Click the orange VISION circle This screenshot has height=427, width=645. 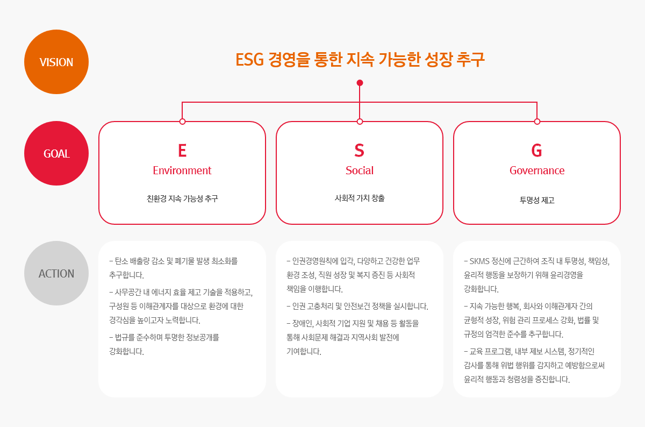[x=56, y=62]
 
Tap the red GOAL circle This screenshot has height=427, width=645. [x=56, y=153]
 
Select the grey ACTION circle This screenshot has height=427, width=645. [x=56, y=273]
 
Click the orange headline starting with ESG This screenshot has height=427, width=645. [x=360, y=59]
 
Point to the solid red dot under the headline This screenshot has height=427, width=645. [x=360, y=83]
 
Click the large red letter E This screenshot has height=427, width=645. [x=182, y=151]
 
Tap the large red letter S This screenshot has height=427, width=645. [x=360, y=151]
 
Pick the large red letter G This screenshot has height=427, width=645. [x=537, y=151]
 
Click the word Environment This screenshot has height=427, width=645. [x=182, y=170]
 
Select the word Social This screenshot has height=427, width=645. [x=360, y=170]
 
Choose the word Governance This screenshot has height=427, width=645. [x=537, y=170]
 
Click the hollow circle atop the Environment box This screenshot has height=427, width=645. [x=182, y=122]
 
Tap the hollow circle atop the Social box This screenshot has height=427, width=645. [x=360, y=122]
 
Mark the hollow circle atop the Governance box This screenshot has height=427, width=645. [x=537, y=122]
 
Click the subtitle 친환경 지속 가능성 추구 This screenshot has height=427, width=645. [x=182, y=198]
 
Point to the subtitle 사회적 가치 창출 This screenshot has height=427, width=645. [x=360, y=198]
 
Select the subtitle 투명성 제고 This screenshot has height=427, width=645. [x=537, y=200]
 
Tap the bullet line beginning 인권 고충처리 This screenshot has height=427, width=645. [x=357, y=306]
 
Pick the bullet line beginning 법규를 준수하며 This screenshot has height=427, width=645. [x=164, y=344]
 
